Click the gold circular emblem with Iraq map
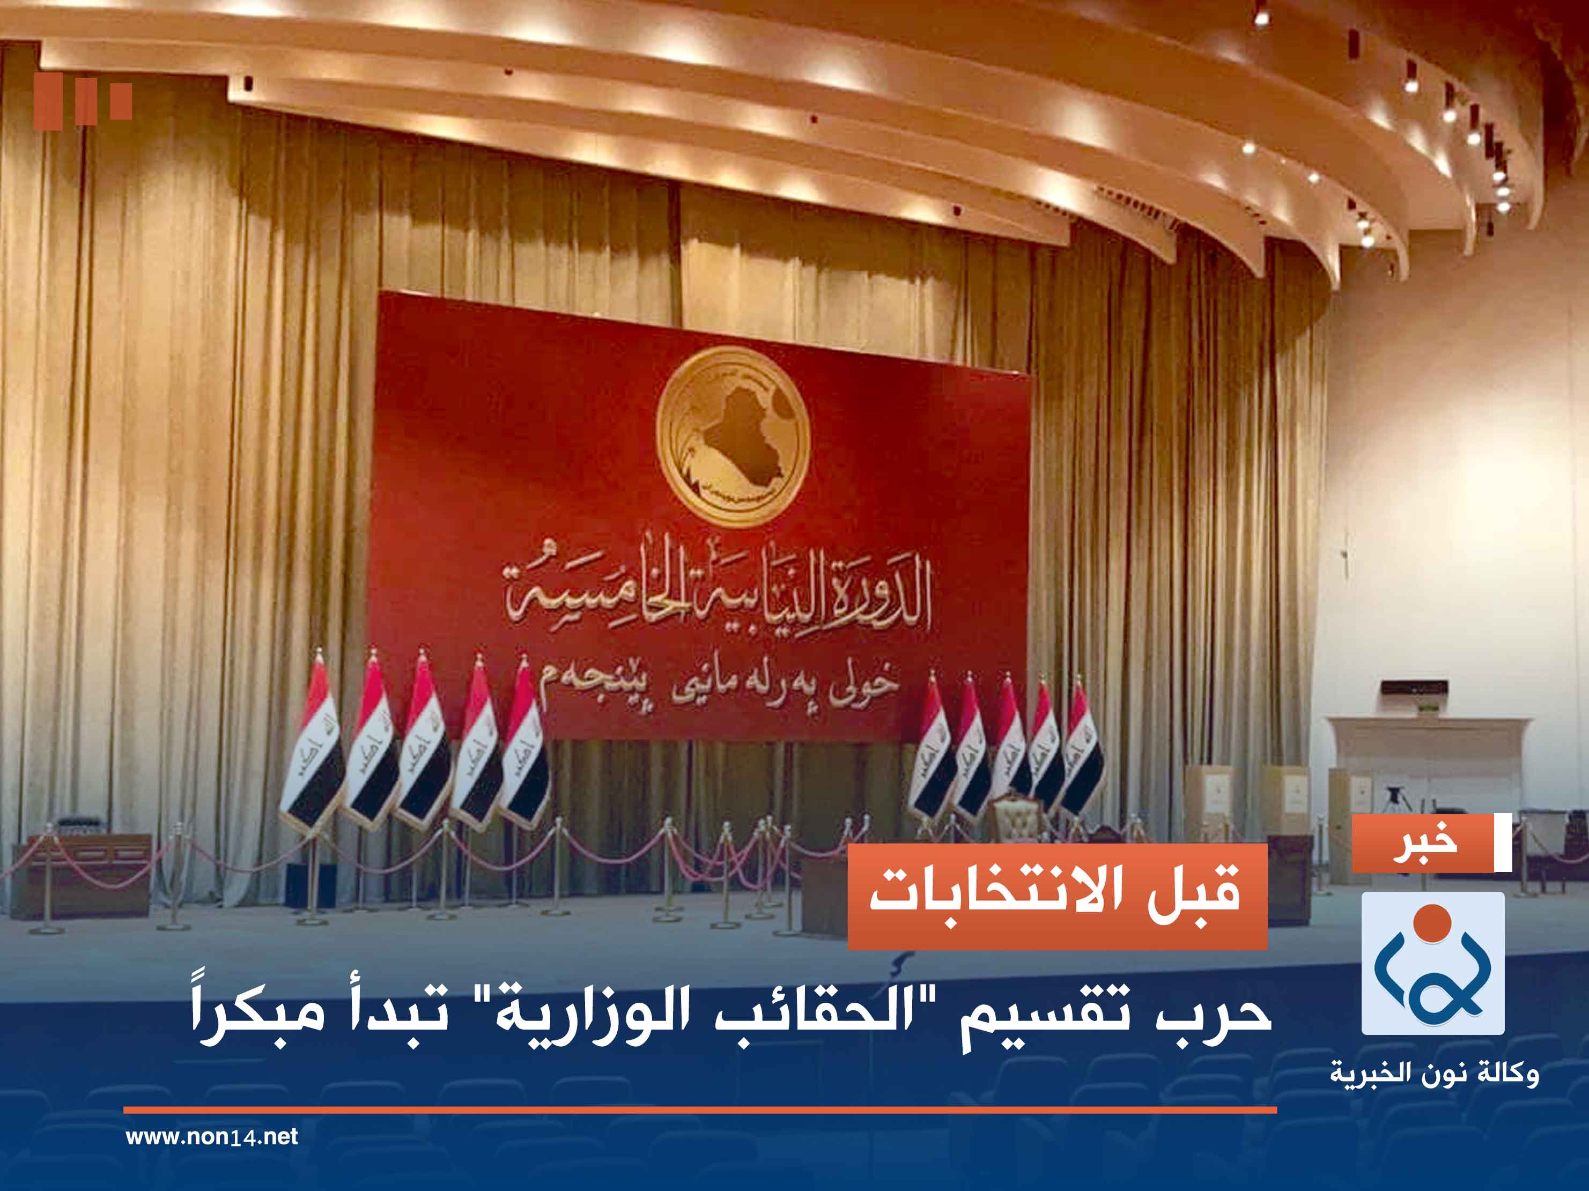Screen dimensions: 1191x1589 pos(733,436)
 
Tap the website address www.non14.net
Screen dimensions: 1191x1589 pos(211,1136)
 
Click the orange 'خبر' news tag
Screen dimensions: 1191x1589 pos(1422,844)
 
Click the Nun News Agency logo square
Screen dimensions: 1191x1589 pos(1432,963)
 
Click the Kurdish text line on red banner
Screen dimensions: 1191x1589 pos(719,686)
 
